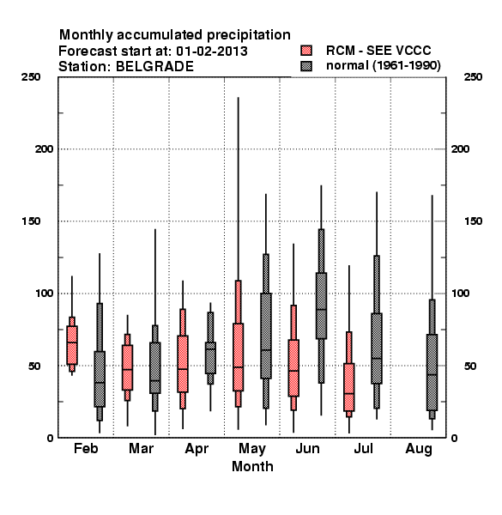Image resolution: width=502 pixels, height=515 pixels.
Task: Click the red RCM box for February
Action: click(x=72, y=345)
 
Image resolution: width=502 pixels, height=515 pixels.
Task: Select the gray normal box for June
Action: click(x=321, y=306)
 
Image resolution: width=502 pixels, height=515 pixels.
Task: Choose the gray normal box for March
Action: click(x=155, y=368)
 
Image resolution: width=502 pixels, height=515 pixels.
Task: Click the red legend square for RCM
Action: click(x=306, y=51)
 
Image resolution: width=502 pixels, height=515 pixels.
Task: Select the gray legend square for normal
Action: click(x=306, y=66)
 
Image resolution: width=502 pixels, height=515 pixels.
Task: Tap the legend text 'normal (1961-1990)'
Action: click(x=383, y=66)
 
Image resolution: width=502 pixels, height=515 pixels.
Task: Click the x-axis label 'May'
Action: click(x=252, y=449)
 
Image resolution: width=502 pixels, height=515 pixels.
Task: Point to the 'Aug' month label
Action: click(x=419, y=449)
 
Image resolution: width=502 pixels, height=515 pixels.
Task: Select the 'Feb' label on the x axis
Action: click(x=86, y=448)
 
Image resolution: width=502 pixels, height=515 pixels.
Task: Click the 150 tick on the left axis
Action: click(x=31, y=221)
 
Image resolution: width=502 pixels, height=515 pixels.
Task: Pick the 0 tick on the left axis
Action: click(x=50, y=438)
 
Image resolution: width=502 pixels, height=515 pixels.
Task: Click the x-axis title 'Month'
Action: click(x=252, y=466)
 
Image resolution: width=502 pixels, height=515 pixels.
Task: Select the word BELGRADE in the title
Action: click(x=154, y=67)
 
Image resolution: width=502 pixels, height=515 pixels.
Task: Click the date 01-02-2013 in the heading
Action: click(x=212, y=51)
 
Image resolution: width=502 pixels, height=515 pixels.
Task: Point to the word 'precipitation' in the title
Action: click(x=249, y=35)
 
